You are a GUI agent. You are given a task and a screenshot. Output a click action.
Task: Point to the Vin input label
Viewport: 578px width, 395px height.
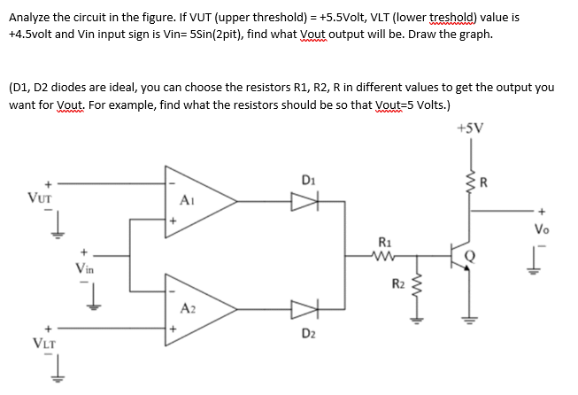pyautogui.click(x=86, y=265)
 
